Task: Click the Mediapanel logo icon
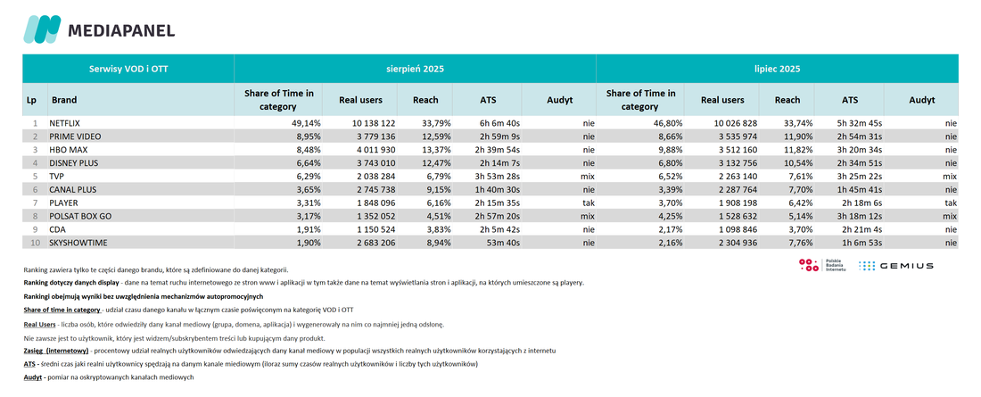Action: pyautogui.click(x=42, y=29)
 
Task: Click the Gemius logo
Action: pyautogui.click(x=895, y=266)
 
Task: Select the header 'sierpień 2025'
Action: pyautogui.click(x=415, y=69)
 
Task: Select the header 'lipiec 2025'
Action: pyautogui.click(x=777, y=69)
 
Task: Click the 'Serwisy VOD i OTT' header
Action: pyautogui.click(x=128, y=69)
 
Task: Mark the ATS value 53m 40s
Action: pyautogui.click(x=504, y=243)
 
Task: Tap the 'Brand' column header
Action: pyautogui.click(x=64, y=100)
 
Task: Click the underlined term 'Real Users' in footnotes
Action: pyautogui.click(x=38, y=325)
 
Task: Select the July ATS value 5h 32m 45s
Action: pyautogui.click(x=861, y=124)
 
